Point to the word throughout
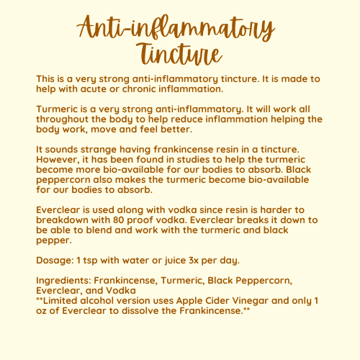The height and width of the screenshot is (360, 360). [66, 120]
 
